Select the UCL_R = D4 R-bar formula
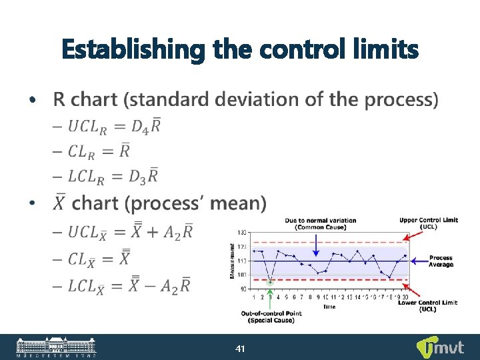click(114, 126)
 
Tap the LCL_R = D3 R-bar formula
click(114, 177)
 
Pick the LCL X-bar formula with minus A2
click(130, 285)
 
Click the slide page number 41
click(240, 348)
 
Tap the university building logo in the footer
click(57, 347)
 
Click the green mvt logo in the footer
click(436, 347)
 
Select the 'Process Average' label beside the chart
click(441, 261)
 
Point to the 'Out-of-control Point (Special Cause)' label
click(275, 317)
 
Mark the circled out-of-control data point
click(270, 282)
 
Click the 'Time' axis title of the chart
click(329, 307)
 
